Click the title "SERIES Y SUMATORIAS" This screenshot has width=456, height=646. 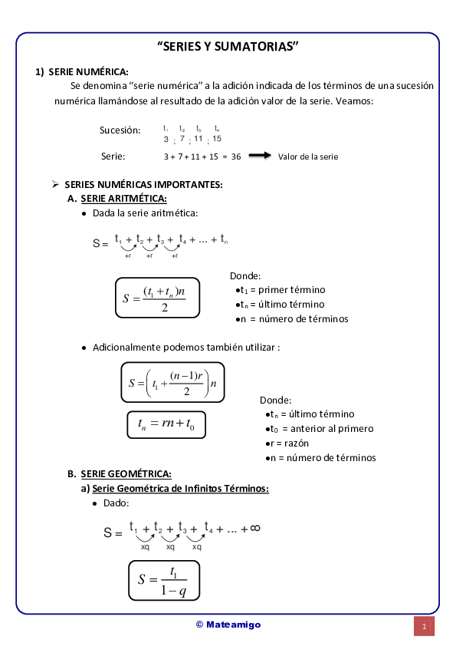[x=228, y=46]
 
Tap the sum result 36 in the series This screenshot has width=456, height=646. [x=236, y=157]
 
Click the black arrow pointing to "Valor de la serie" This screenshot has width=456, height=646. [x=260, y=156]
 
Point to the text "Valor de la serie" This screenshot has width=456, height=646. [x=308, y=157]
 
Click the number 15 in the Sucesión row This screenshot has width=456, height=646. [x=217, y=139]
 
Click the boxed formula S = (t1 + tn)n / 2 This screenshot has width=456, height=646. [x=158, y=298]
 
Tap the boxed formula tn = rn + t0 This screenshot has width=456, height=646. [x=166, y=424]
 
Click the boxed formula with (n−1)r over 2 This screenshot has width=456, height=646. [x=173, y=381]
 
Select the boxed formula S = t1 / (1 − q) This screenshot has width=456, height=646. [x=163, y=581]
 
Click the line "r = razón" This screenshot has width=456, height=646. [x=290, y=443]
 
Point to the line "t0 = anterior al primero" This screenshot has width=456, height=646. [x=320, y=429]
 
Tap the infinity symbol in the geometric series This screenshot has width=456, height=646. [x=255, y=528]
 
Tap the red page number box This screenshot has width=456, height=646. [x=424, y=626]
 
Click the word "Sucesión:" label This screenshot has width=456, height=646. [x=120, y=130]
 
